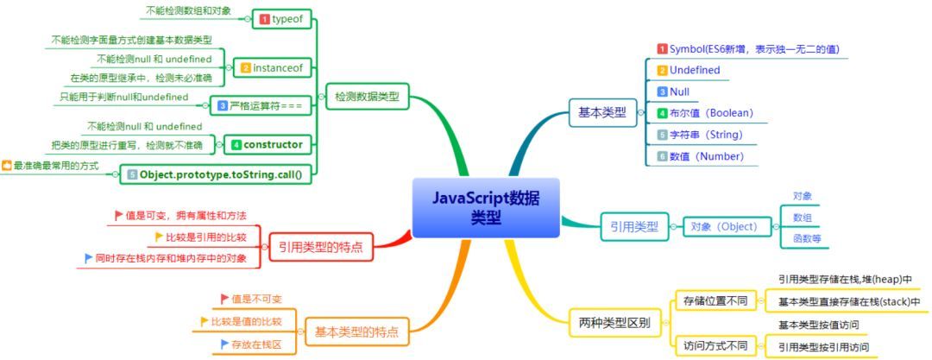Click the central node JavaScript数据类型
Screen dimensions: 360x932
coord(486,208)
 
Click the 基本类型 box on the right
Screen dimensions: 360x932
coord(602,111)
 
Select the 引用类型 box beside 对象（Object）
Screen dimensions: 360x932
coord(634,226)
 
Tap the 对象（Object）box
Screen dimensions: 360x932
coord(723,226)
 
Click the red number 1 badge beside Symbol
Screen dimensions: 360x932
coord(662,48)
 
